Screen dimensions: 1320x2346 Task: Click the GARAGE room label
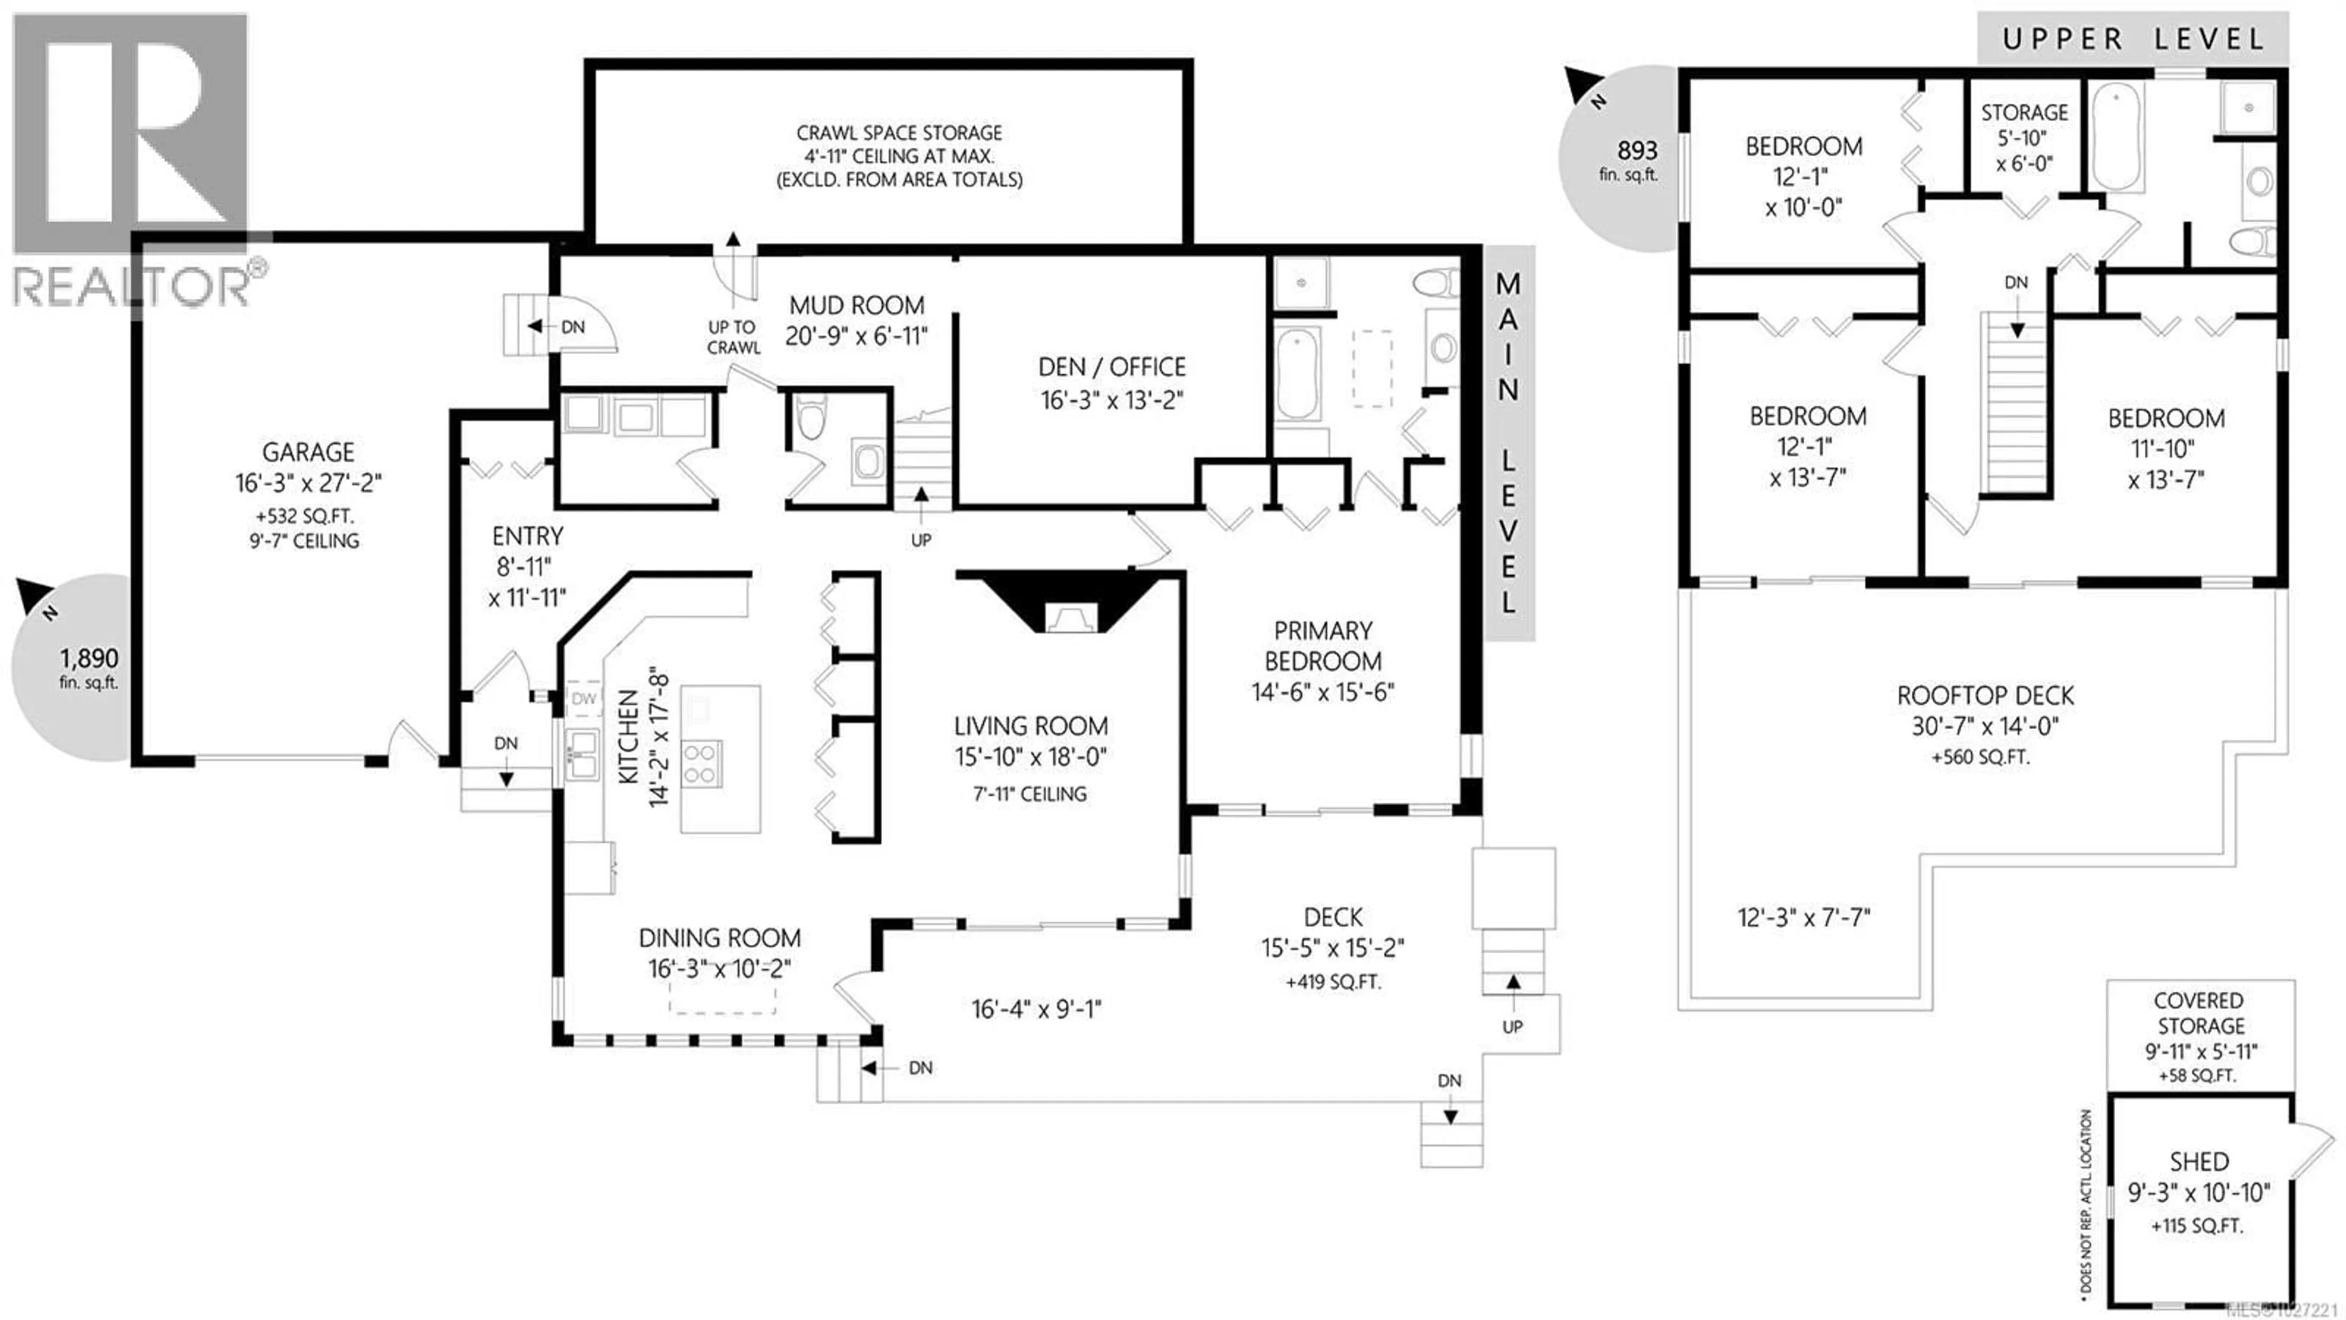tap(308, 452)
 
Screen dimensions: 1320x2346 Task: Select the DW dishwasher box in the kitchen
tap(584, 699)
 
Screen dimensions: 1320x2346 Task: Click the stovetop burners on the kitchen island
tap(700, 763)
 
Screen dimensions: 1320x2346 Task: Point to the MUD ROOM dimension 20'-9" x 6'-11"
tap(856, 336)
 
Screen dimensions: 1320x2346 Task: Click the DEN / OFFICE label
tap(1112, 367)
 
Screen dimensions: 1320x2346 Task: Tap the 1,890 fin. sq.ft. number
tap(89, 658)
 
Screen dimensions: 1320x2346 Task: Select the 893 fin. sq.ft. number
tap(1637, 150)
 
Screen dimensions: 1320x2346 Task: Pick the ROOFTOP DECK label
tap(1986, 697)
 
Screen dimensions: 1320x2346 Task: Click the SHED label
tap(2199, 1162)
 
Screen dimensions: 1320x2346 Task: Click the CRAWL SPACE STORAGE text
tap(898, 133)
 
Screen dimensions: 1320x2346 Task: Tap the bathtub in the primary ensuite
tap(1298, 373)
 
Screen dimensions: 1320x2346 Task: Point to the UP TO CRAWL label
tap(733, 337)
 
